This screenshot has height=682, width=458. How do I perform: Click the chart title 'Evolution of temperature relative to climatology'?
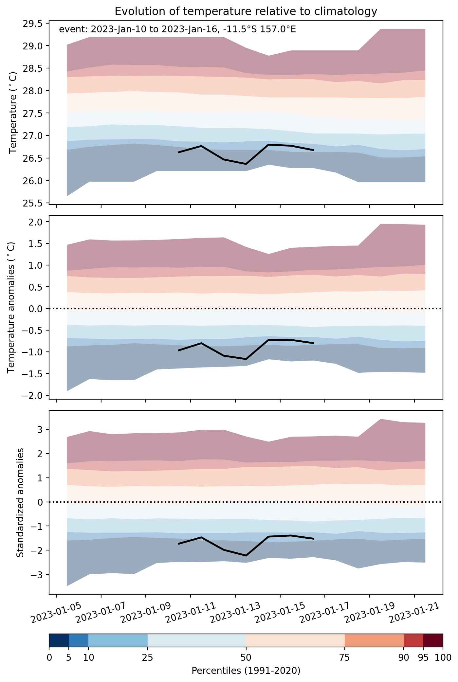[x=246, y=11]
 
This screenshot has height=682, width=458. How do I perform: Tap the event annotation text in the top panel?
[x=177, y=29]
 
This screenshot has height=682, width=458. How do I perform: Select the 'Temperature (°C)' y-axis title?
[x=13, y=113]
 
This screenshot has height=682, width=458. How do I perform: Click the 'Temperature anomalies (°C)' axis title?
[x=11, y=307]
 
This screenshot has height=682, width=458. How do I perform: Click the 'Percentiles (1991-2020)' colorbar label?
[x=246, y=671]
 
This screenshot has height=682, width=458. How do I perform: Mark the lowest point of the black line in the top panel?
[x=246, y=164]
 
